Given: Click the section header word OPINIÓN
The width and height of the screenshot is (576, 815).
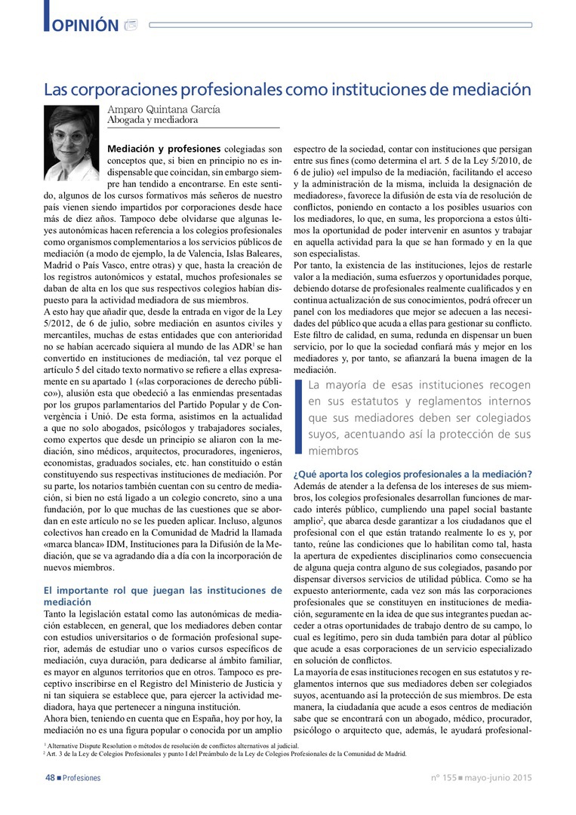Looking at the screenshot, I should (85, 25).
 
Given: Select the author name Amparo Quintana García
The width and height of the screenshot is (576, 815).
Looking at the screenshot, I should (164, 109).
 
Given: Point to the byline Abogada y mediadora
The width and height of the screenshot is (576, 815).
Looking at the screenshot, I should (152, 120).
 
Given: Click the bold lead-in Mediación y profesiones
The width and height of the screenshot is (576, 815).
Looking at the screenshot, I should (164, 149).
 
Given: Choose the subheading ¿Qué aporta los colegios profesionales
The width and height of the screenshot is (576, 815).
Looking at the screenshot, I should (411, 474).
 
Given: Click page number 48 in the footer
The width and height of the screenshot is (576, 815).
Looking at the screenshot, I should (48, 777).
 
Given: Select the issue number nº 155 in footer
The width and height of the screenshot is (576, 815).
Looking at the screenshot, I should (443, 777).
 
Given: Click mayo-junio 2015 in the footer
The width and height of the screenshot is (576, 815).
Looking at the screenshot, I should (498, 777).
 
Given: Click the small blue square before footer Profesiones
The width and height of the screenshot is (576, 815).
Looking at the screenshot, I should (59, 777).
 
